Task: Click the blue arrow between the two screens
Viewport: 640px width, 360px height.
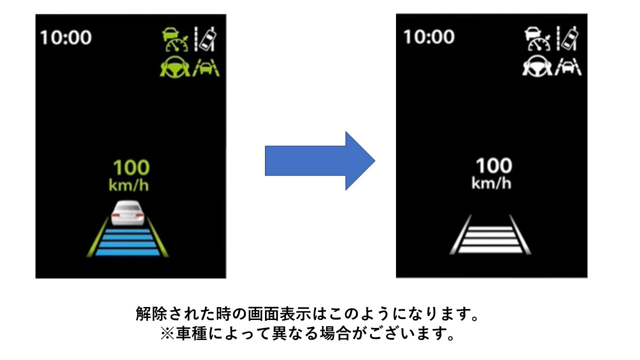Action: pyautogui.click(x=320, y=161)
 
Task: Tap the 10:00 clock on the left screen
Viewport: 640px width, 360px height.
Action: pyautogui.click(x=65, y=37)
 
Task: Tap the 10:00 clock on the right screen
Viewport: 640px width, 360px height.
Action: pyautogui.click(x=429, y=37)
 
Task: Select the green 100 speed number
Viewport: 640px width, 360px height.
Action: pyautogui.click(x=131, y=167)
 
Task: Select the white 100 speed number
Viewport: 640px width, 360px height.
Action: pyautogui.click(x=494, y=165)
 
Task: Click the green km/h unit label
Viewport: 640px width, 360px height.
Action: pyautogui.click(x=129, y=185)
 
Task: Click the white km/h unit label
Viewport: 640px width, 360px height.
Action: pyautogui.click(x=491, y=183)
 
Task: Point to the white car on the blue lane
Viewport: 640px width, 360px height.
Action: pyautogui.click(x=127, y=213)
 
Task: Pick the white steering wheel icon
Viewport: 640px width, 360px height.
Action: pyautogui.click(x=537, y=66)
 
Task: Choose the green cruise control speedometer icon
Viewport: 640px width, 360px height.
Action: pyautogui.click(x=175, y=39)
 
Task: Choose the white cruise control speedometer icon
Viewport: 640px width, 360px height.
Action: pyautogui.click(x=537, y=38)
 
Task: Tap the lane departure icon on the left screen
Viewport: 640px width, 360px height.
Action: pyautogui.click(x=205, y=39)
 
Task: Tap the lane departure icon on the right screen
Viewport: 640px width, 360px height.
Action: pyautogui.click(x=567, y=38)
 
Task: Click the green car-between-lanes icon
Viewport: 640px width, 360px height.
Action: pyautogui.click(x=205, y=67)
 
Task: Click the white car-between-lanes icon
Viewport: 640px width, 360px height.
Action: pyautogui.click(x=568, y=67)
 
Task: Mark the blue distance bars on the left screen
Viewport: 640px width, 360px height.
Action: pyautogui.click(x=127, y=242)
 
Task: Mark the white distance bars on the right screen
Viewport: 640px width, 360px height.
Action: pyautogui.click(x=490, y=239)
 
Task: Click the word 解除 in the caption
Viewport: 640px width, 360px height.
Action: pyautogui.click(x=151, y=313)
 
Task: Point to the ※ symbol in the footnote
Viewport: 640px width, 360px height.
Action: pyautogui.click(x=167, y=333)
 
